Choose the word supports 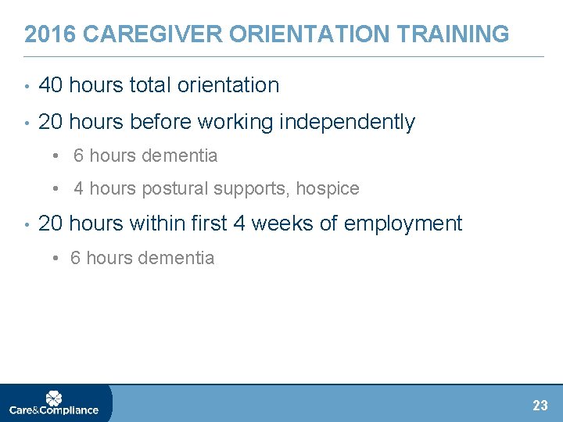point(246,189)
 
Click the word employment point(403,224)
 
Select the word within point(157,224)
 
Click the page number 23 point(540,406)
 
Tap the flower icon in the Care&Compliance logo point(53,399)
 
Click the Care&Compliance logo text point(53,410)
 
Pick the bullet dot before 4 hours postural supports point(58,189)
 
